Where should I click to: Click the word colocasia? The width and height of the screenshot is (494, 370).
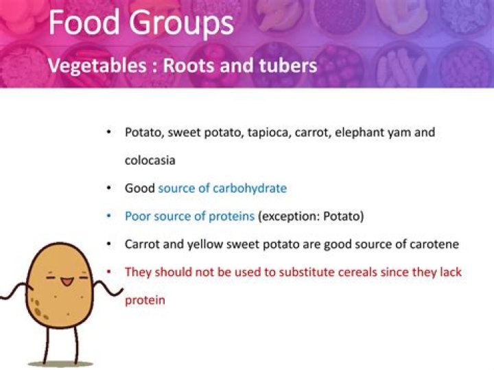point(150,160)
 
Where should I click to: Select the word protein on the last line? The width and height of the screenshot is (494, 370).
point(145,300)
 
